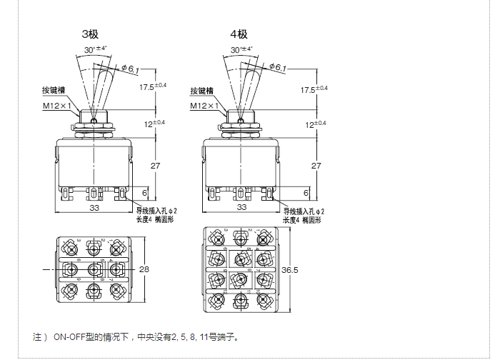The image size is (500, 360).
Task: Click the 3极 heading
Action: point(90,34)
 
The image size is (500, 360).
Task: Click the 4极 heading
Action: point(239,34)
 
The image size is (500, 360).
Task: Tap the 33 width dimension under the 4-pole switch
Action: point(241,207)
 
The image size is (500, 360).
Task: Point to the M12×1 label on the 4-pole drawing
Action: point(204,106)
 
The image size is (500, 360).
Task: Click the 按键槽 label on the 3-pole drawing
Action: point(54,91)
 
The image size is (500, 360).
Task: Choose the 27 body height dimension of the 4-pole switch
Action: point(316,166)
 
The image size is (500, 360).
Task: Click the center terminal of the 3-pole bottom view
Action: point(94,269)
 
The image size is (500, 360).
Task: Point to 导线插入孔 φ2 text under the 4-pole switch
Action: point(304,212)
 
